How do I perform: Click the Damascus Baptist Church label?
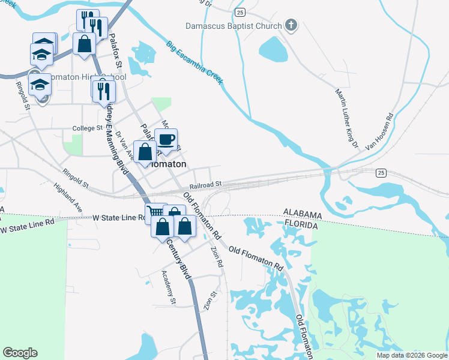click(x=234, y=26)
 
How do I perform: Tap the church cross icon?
click(x=291, y=25)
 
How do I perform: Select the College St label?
click(x=88, y=128)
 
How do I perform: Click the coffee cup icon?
click(x=166, y=140)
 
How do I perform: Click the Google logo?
click(x=20, y=353)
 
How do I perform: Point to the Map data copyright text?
click(x=411, y=355)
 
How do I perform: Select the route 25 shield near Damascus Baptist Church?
click(x=240, y=12)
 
